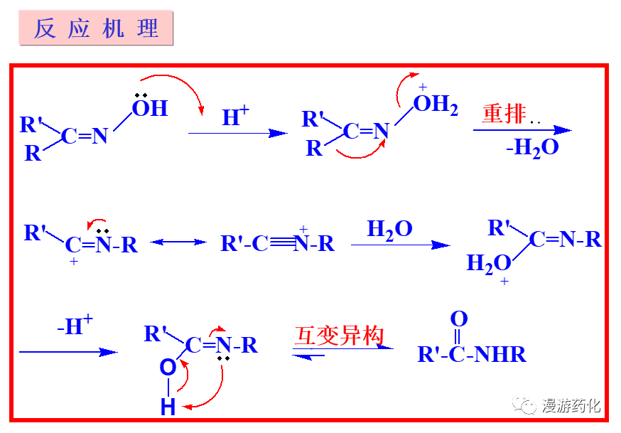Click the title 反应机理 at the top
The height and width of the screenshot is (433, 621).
pos(97,29)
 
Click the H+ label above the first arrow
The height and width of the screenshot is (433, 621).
pos(235,116)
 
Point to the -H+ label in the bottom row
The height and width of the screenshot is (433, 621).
pos(75,326)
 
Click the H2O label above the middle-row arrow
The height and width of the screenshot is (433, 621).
pos(389,229)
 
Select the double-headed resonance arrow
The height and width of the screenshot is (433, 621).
pos(178,242)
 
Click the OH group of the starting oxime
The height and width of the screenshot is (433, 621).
pos(149,108)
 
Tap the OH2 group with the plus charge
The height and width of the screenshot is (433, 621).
pos(435,105)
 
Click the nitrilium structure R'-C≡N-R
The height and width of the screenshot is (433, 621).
pos(277,244)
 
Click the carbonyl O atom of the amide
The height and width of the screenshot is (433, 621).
pos(459,319)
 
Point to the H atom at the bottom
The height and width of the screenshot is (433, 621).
pos(168,407)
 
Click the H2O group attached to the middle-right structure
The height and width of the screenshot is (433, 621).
pos(488,264)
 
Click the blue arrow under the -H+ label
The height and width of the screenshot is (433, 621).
pos(68,351)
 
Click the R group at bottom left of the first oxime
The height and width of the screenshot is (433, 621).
pos(33,153)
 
